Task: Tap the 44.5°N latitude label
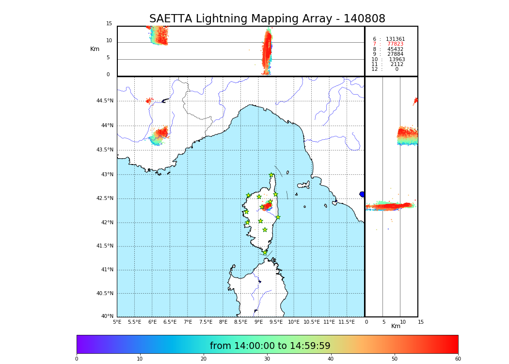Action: (x=105, y=101)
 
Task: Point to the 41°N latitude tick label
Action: (x=107, y=270)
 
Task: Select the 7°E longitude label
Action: (x=188, y=322)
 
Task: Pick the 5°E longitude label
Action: (x=117, y=322)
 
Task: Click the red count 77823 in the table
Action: (x=395, y=44)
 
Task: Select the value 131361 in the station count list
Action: (x=395, y=39)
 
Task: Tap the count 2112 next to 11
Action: (x=397, y=65)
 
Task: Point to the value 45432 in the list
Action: (x=395, y=50)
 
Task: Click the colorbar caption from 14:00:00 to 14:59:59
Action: (x=270, y=346)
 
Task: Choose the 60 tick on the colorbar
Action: (x=458, y=359)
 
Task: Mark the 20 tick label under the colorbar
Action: (x=204, y=359)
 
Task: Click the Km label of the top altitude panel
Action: (x=95, y=49)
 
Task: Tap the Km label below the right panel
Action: (x=396, y=326)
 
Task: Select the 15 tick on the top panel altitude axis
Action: (x=109, y=24)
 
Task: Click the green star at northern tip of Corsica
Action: (x=271, y=175)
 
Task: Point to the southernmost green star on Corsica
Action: (x=265, y=252)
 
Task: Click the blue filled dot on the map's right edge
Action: (x=362, y=194)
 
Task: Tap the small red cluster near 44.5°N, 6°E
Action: (x=149, y=101)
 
